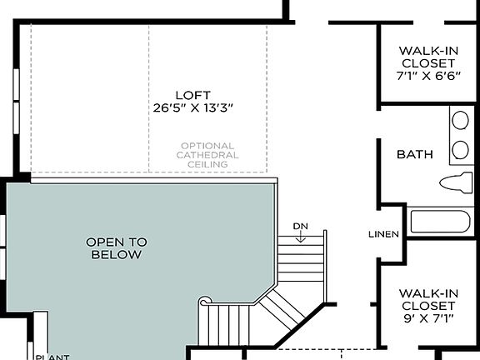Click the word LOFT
(x=192, y=93)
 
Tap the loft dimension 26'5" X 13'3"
(x=192, y=107)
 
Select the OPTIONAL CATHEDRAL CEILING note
(x=208, y=155)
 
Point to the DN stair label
(x=301, y=227)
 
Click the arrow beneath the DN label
(x=301, y=237)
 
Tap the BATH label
(x=414, y=154)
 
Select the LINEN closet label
(x=383, y=234)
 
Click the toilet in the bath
(x=455, y=183)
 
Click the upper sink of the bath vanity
(x=460, y=121)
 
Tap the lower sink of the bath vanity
(x=460, y=150)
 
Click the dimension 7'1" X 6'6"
(x=427, y=76)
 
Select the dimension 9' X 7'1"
(x=426, y=318)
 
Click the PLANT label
(x=51, y=357)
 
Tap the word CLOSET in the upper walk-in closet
(x=427, y=62)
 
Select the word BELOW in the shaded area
(x=116, y=254)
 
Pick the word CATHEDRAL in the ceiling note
(x=208, y=155)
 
